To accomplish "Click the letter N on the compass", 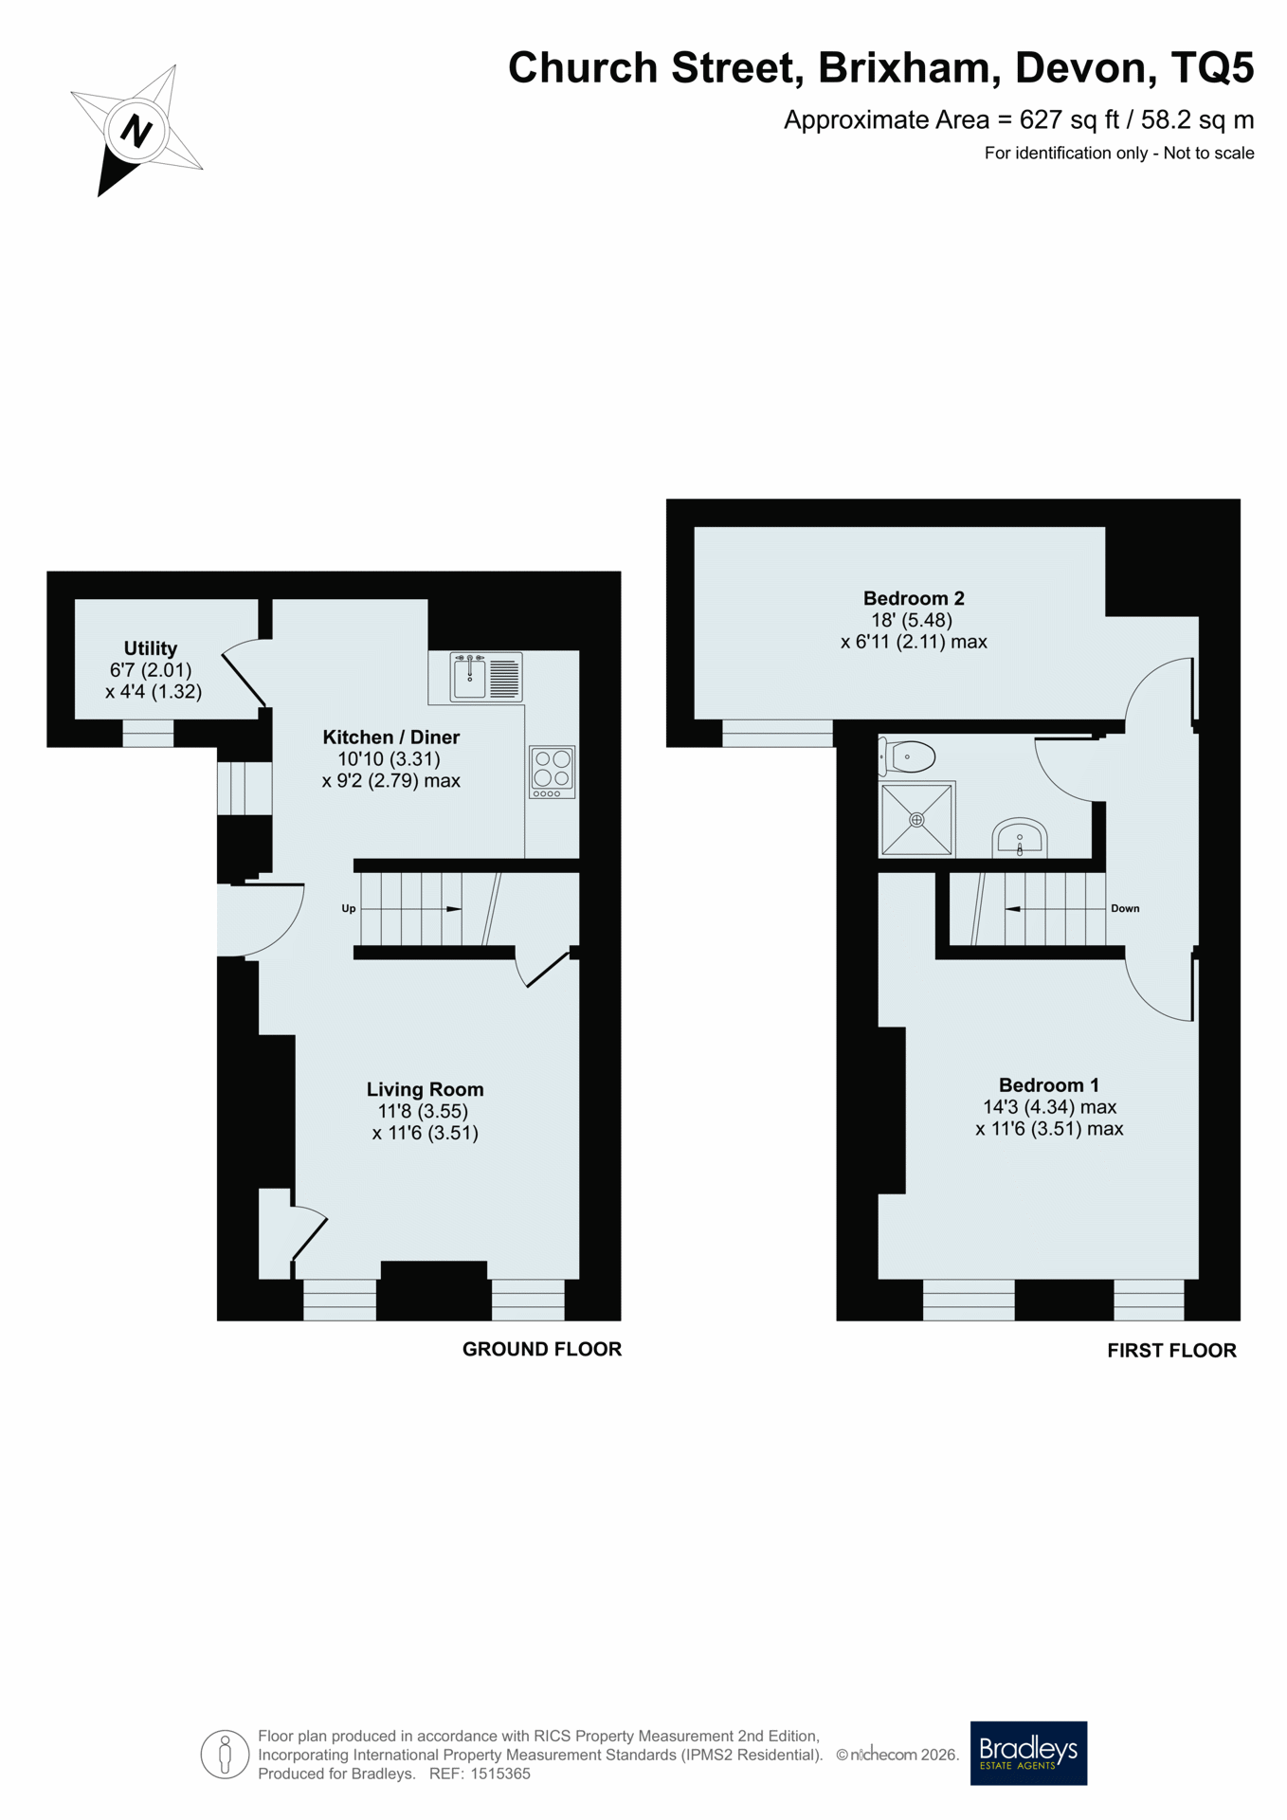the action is tap(137, 130).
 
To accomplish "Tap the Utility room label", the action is tap(151, 648).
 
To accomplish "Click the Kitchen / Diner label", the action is tap(390, 737).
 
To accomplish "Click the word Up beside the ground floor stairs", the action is tap(349, 908).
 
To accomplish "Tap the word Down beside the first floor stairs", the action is tap(1125, 908).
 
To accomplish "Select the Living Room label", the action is tap(425, 1089).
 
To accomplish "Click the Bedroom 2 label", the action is tap(914, 598).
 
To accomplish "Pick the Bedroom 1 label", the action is tap(1048, 1084).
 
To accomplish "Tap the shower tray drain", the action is tap(916, 819).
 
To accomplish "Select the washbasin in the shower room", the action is tap(1019, 838).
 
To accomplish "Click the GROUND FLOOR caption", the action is tap(541, 1349).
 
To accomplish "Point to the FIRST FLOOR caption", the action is tap(1171, 1351).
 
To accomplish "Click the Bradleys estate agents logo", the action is tap(1028, 1753).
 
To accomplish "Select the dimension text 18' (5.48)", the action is tap(912, 620).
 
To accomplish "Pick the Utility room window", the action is tap(148, 733).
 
